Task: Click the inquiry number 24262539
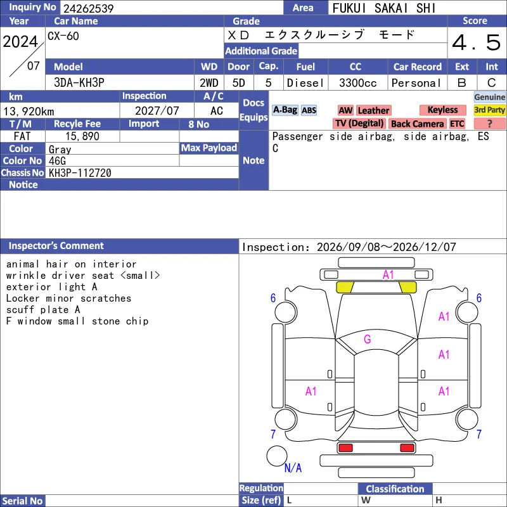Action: [x=88, y=8]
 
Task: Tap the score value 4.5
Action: [x=476, y=42]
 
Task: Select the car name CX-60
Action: [x=63, y=36]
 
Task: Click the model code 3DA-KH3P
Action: [x=79, y=83]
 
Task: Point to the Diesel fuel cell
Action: [x=305, y=83]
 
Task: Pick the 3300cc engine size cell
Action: [x=357, y=83]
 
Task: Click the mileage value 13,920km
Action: [x=29, y=112]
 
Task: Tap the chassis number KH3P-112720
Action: [x=80, y=173]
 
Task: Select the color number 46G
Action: [x=57, y=161]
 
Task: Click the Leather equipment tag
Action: [x=373, y=110]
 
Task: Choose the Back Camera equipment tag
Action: [x=417, y=124]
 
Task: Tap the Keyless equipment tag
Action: [x=442, y=110]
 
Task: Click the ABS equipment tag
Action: [x=309, y=110]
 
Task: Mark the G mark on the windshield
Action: [x=368, y=339]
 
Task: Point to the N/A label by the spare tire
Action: [x=293, y=468]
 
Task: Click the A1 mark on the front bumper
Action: [x=388, y=275]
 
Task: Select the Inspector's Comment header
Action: [x=56, y=246]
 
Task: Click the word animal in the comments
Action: [x=23, y=264]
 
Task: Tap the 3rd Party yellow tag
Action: [x=489, y=110]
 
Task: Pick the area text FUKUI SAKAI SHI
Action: [x=384, y=8]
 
